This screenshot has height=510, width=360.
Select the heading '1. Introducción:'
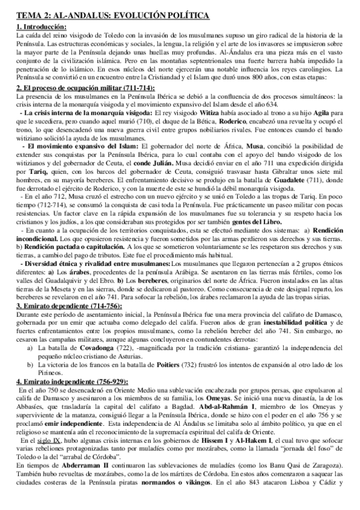41,28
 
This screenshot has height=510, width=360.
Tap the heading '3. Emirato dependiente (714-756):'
67,306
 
